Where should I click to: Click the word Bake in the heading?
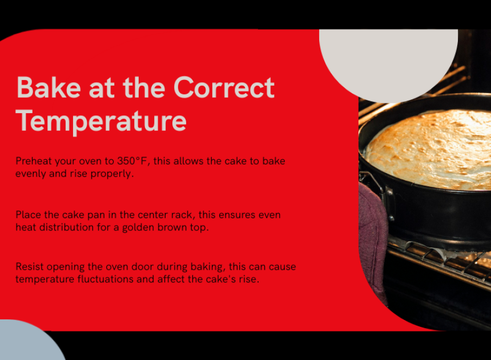pyautogui.click(x=49, y=88)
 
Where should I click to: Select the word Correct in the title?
pyautogui.click(x=224, y=88)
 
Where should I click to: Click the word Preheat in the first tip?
pyautogui.click(x=34, y=161)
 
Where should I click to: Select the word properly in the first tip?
pyautogui.click(x=112, y=174)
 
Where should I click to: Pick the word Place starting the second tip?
pyautogui.click(x=28, y=215)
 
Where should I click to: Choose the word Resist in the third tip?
pyautogui.click(x=30, y=267)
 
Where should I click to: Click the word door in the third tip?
pyautogui.click(x=143, y=267)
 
